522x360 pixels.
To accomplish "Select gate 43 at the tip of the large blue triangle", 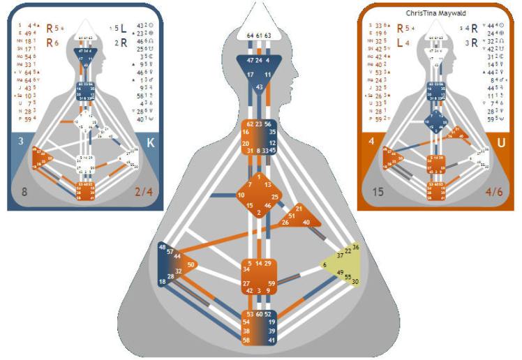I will coord(260,87).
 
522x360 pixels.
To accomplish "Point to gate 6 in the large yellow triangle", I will coord(325,264).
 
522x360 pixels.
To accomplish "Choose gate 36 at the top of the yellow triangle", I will coord(356,247).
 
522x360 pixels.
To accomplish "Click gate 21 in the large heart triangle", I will coord(299,208).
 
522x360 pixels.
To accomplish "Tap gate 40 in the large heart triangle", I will coord(307,223).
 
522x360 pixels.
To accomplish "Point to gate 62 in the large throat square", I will coord(248,124).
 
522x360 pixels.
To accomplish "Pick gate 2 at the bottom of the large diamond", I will coord(260,212).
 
